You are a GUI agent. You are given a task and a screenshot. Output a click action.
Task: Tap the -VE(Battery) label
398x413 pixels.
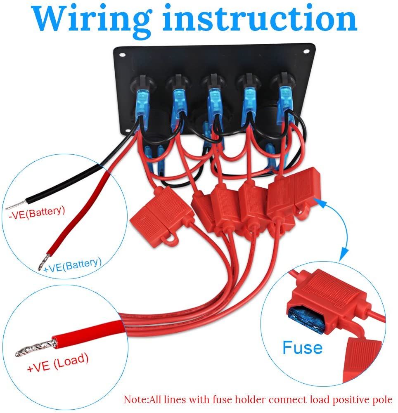37,212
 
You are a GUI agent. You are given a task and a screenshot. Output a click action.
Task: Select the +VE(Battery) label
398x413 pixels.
73,265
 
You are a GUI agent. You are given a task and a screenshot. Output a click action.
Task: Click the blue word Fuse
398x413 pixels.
302,348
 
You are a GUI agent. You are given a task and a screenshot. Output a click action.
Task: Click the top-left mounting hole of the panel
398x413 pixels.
122,55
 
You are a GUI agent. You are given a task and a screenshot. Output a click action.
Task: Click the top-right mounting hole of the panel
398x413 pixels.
306,52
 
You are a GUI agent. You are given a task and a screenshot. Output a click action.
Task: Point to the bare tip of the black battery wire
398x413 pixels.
16,205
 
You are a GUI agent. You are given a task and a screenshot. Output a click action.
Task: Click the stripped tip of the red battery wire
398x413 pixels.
43,261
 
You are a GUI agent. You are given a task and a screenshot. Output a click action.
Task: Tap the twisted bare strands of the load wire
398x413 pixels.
36,348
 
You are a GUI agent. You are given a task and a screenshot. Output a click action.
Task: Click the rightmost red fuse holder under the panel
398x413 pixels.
294,193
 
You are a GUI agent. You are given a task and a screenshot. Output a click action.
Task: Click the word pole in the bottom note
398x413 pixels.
383,400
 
